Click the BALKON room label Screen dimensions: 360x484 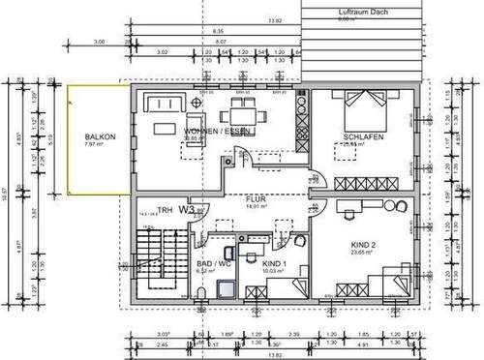(x=101, y=138)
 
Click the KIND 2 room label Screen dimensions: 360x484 (x=359, y=245)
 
